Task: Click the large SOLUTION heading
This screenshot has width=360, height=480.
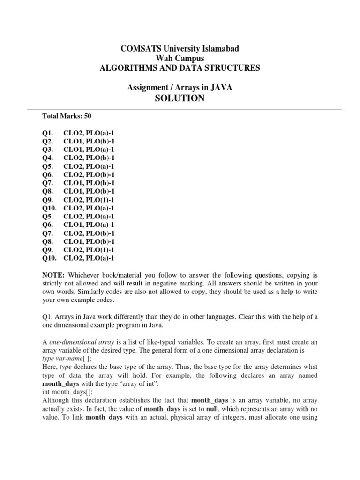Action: click(180, 98)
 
